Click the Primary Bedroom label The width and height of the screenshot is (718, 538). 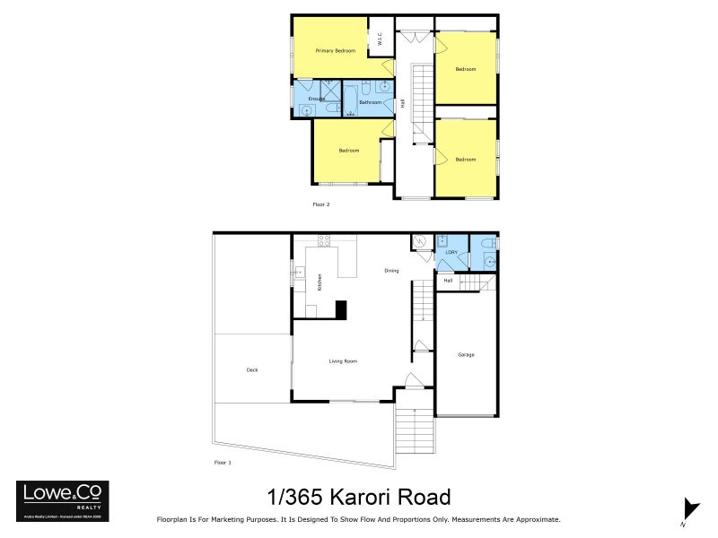pyautogui.click(x=335, y=51)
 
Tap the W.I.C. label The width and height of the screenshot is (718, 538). pyautogui.click(x=381, y=39)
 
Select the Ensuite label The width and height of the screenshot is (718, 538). pyautogui.click(x=317, y=98)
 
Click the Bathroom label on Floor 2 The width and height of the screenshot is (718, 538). pyautogui.click(x=371, y=103)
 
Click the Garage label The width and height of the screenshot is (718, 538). pyautogui.click(x=465, y=355)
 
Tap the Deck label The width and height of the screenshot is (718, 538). pyautogui.click(x=252, y=369)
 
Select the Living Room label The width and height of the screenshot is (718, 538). pyautogui.click(x=343, y=361)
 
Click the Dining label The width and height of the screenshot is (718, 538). pyautogui.click(x=391, y=270)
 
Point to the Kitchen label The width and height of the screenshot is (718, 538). pyautogui.click(x=320, y=282)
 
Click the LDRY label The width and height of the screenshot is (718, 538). pyautogui.click(x=451, y=254)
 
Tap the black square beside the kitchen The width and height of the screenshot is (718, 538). pyautogui.click(x=341, y=309)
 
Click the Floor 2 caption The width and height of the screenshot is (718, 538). pyautogui.click(x=321, y=205)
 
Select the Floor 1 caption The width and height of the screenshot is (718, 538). pyautogui.click(x=223, y=463)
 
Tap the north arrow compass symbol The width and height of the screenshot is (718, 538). pyautogui.click(x=689, y=509)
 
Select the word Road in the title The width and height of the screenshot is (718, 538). pyautogui.click(x=425, y=497)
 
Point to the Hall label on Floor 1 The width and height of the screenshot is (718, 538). pyautogui.click(x=448, y=281)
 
